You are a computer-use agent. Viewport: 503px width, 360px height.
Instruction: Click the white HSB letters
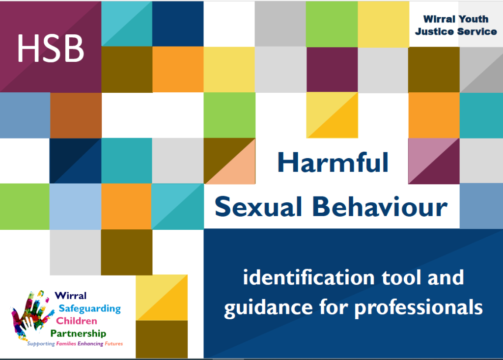coord(51,48)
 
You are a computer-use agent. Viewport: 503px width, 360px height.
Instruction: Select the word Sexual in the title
coord(259,207)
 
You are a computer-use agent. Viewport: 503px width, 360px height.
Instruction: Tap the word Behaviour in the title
coord(380,207)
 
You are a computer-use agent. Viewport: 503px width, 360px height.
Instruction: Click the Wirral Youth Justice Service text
coord(455,25)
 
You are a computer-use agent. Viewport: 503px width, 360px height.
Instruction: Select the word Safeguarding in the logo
coord(89,308)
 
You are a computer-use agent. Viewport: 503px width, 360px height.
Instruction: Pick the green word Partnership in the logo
coord(84,334)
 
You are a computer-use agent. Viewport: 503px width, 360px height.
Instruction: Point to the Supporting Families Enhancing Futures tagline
coord(75,344)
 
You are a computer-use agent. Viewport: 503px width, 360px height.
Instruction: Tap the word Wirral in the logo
coord(70,296)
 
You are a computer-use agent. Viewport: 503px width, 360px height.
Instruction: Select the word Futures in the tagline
coord(113,344)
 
